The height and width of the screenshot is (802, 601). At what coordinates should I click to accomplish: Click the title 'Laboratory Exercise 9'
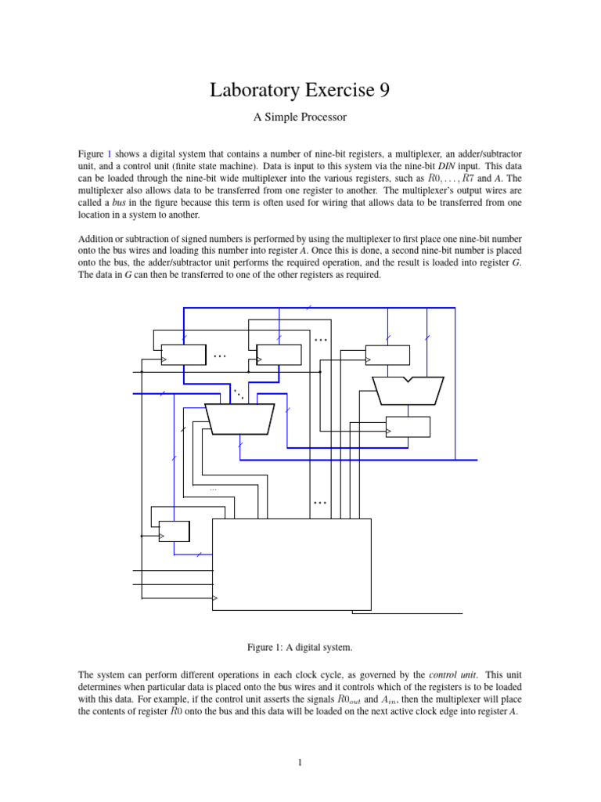coord(300,91)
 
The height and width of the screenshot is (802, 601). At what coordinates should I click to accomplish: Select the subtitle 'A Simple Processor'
coord(300,117)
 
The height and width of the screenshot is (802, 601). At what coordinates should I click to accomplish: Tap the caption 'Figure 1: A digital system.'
coord(300,647)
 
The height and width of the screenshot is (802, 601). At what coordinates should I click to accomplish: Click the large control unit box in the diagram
coord(291,564)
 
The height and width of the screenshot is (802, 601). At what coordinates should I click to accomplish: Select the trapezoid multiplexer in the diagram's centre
coord(239,417)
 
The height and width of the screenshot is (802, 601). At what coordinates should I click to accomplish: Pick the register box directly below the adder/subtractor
coord(408,427)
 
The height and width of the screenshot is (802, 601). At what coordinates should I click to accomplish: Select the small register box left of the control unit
coord(174,531)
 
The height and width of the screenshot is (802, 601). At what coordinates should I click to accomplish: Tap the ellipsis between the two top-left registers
coord(220,356)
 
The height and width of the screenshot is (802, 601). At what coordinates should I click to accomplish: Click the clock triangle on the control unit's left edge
coord(216,600)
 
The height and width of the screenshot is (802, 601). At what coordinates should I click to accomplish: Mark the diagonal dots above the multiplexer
coord(238,394)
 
